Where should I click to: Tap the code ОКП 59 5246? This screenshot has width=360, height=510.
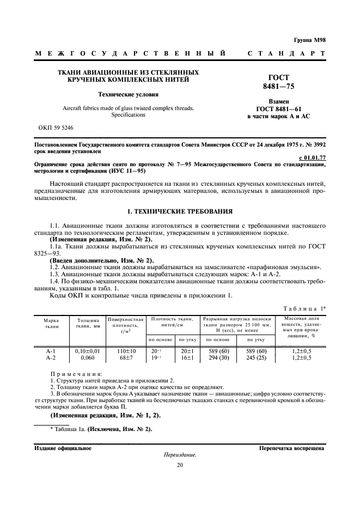(x=56, y=127)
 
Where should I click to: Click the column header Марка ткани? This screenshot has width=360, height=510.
(x=52, y=323)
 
